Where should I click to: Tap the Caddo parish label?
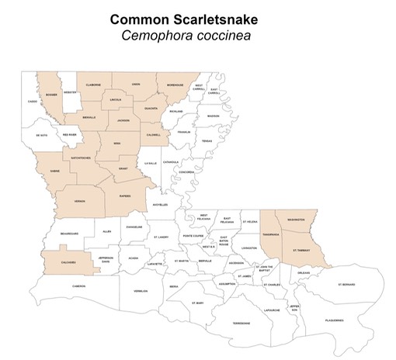[32, 101]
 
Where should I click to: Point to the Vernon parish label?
[78, 201]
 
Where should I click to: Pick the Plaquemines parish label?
[334, 320]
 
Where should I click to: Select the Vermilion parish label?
[140, 292]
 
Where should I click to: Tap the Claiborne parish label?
[93, 85]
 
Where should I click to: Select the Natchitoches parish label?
[82, 157]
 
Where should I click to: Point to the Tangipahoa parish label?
[272, 234]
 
